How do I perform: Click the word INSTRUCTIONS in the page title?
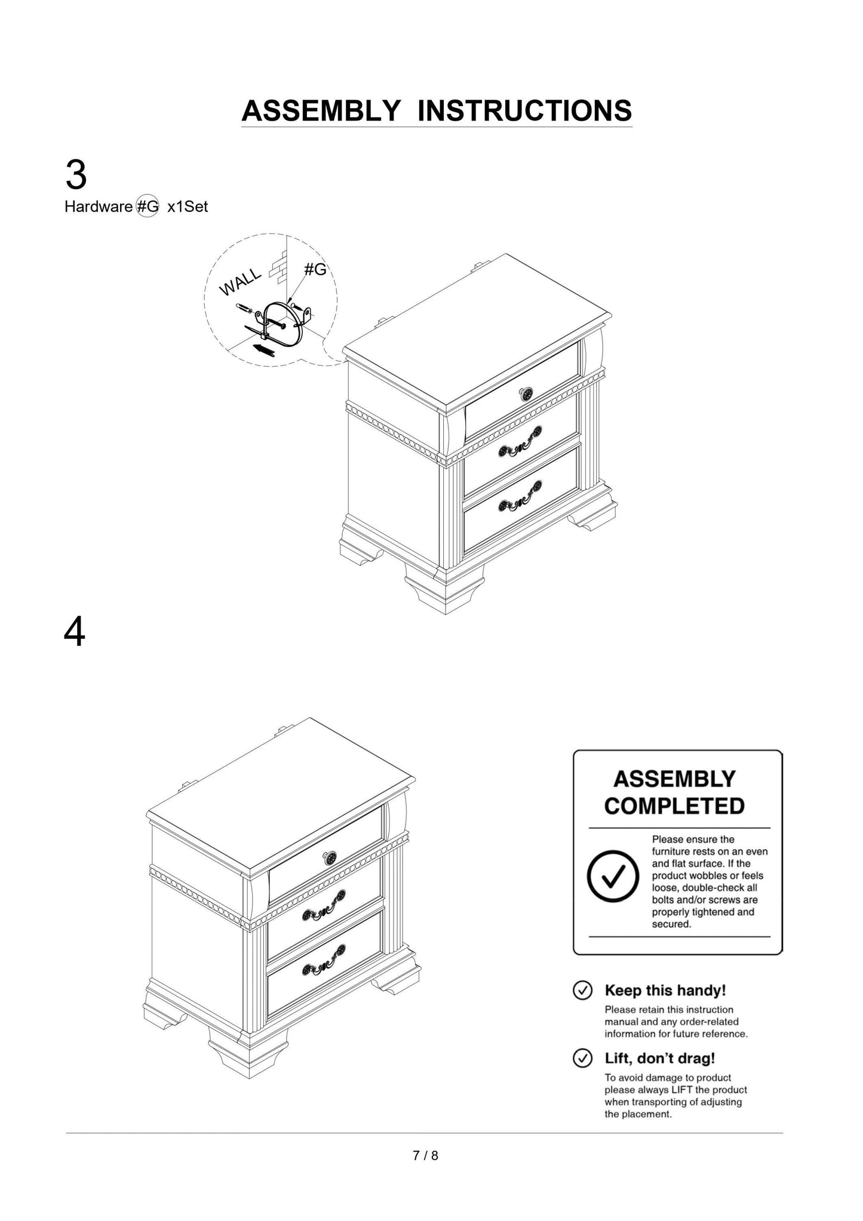[x=524, y=111]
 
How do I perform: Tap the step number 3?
[x=76, y=176]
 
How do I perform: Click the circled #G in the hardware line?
[x=148, y=207]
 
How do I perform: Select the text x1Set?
[x=188, y=207]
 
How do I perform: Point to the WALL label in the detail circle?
[x=239, y=282]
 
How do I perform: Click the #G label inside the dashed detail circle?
[x=315, y=270]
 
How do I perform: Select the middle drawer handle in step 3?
[x=520, y=441]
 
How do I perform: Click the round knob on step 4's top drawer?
[x=330, y=857]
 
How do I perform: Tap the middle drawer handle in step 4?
[x=323, y=905]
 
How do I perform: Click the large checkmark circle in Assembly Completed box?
[x=613, y=876]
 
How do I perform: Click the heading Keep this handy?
[x=665, y=990]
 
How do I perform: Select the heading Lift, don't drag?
[x=659, y=1058]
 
